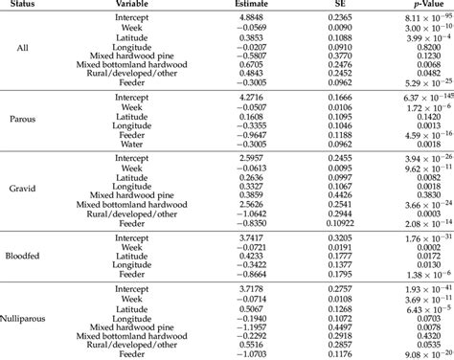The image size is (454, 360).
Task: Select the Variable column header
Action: [145, 6]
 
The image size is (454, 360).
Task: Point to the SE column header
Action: [341, 6]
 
